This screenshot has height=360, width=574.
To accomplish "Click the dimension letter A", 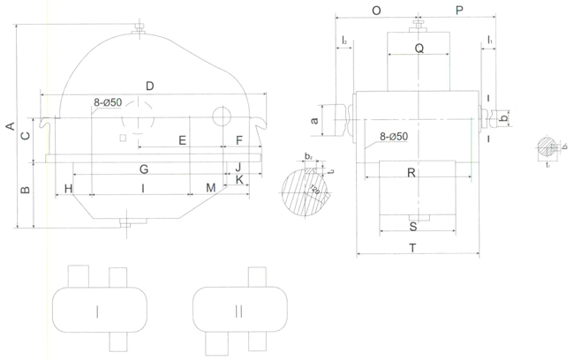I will pyautogui.click(x=10, y=127).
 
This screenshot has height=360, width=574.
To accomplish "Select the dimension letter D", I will pyautogui.click(x=150, y=86).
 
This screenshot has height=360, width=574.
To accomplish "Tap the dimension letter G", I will pyautogui.click(x=143, y=168).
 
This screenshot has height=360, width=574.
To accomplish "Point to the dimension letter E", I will pyautogui.click(x=182, y=140).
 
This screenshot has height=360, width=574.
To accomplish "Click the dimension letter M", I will pyautogui.click(x=210, y=188).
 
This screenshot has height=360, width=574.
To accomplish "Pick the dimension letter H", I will pyautogui.click(x=68, y=188).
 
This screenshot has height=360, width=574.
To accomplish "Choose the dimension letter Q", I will pyautogui.click(x=419, y=49).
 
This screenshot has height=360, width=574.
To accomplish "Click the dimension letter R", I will pyautogui.click(x=412, y=173).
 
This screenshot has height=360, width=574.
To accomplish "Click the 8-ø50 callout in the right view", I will pyautogui.click(x=394, y=137).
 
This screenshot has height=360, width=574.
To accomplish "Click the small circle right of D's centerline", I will pyautogui.click(x=223, y=116).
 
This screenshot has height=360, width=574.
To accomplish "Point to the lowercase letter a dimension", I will pyautogui.click(x=314, y=118).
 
